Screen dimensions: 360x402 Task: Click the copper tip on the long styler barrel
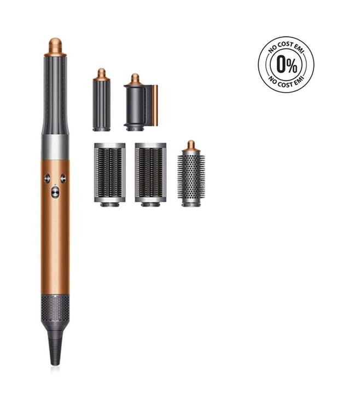pos(55,47)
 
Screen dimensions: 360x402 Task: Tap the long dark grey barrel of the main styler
pos(55,95)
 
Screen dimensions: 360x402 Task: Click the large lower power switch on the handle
pos(55,192)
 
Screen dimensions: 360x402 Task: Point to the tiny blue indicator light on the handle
pos(55,185)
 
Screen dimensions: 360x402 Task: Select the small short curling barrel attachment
pos(102,100)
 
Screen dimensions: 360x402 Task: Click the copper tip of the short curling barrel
pos(102,74)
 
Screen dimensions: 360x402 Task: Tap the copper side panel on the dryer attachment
pos(155,105)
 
